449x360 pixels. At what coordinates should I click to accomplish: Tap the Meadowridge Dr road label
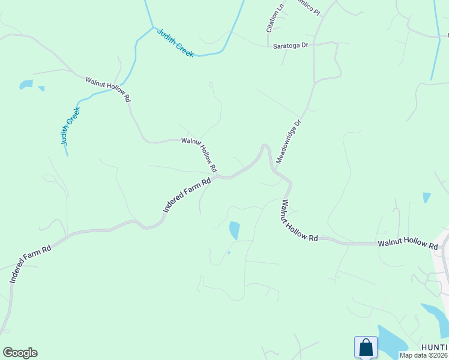click(x=288, y=142)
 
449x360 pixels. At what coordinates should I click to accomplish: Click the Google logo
click(x=20, y=353)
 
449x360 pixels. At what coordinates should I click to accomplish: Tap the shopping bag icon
click(x=366, y=347)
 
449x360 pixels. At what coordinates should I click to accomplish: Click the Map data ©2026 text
click(x=423, y=355)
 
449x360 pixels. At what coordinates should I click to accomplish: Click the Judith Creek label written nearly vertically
click(x=70, y=126)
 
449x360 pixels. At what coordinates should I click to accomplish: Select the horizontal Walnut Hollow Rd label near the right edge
click(x=408, y=245)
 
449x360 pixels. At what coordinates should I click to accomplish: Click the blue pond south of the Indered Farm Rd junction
click(x=234, y=230)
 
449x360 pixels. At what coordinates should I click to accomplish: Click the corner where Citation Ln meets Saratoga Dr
click(x=268, y=45)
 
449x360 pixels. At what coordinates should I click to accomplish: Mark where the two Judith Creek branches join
click(x=152, y=27)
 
